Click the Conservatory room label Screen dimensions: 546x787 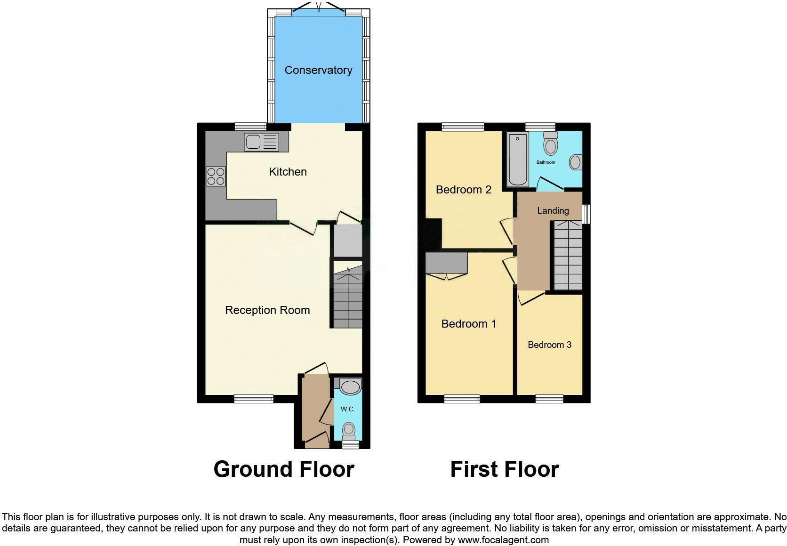(318, 70)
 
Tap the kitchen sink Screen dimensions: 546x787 (261, 142)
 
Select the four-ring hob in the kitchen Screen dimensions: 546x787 (216, 176)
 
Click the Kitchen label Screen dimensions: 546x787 (288, 172)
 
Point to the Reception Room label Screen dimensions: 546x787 (267, 310)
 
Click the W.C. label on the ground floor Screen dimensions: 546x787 (348, 409)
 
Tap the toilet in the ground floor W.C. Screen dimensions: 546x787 (348, 430)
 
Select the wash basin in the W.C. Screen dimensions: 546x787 (349, 387)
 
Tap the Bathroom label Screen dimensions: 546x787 (546, 162)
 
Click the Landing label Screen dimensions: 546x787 (553, 210)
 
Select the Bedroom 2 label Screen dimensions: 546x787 (464, 190)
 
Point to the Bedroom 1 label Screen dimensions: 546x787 (469, 324)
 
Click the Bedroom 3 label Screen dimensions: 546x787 (549, 345)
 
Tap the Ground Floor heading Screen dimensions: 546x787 (283, 469)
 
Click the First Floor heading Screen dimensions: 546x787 (504, 469)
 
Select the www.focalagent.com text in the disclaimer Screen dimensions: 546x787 (503, 540)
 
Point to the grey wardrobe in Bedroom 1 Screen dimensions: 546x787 (446, 263)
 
